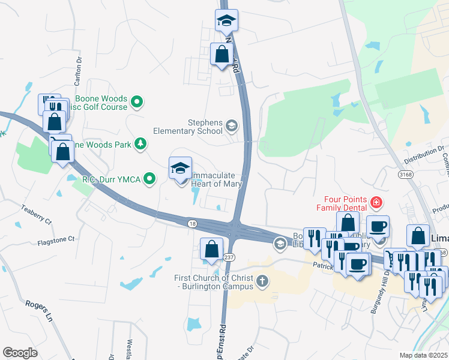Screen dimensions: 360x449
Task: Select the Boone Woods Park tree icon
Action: pyautogui.click(x=140, y=143)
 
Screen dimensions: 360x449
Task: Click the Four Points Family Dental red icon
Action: pyautogui.click(x=376, y=203)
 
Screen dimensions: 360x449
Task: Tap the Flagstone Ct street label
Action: pyautogui.click(x=55, y=239)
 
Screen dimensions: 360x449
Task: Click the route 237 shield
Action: pyautogui.click(x=229, y=257)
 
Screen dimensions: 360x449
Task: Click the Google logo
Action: pyautogui.click(x=20, y=353)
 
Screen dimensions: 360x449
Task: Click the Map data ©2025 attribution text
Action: pyautogui.click(x=423, y=355)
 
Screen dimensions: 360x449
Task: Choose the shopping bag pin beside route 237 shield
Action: pyautogui.click(x=211, y=248)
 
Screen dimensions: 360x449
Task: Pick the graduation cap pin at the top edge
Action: pyautogui.click(x=227, y=20)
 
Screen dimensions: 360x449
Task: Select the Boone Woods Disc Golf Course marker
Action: pyautogui.click(x=137, y=102)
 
